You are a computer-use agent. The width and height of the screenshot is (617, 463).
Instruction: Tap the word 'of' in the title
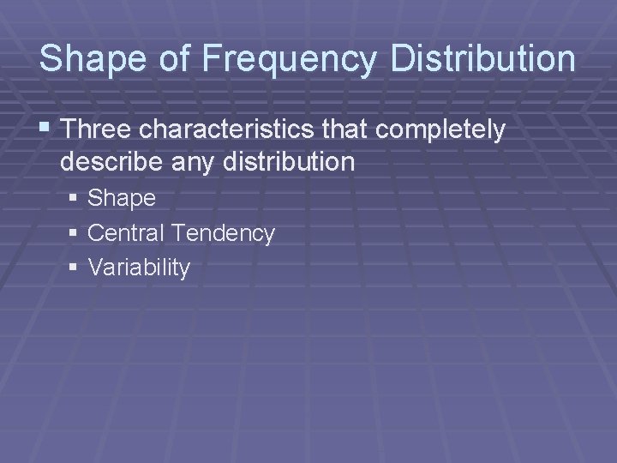[x=181, y=59]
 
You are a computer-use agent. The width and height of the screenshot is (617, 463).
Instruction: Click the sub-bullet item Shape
[x=122, y=199]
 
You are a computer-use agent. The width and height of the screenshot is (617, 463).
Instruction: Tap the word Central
[x=128, y=232]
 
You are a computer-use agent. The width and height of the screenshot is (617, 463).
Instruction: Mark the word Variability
[x=139, y=268]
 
